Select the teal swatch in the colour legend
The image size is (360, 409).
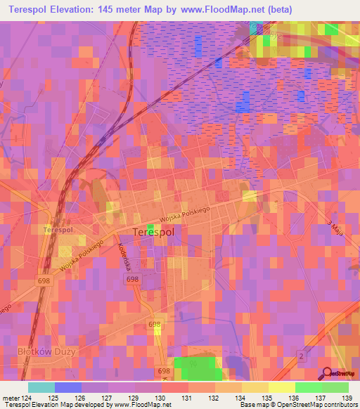click(x=41, y=387)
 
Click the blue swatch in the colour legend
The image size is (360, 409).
click(x=68, y=387)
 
